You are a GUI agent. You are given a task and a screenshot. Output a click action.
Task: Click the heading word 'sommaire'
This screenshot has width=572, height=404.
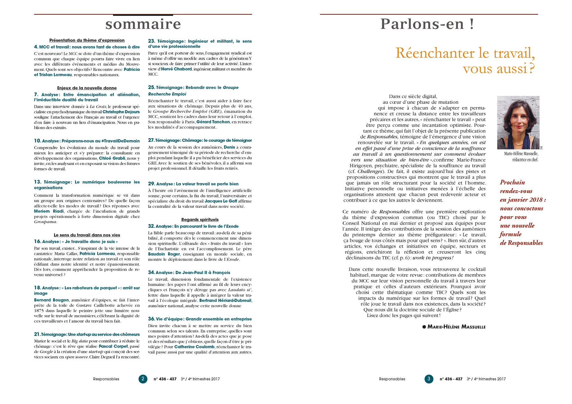coord(143,24)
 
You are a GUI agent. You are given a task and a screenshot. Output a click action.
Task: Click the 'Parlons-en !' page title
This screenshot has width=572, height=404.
coord(427,24)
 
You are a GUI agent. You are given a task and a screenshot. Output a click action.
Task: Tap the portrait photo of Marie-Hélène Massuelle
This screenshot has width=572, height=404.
coord(518,123)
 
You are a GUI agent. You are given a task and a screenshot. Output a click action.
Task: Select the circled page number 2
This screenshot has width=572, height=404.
coord(143,379)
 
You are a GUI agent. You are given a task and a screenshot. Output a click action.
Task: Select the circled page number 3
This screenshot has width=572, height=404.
coord(429,379)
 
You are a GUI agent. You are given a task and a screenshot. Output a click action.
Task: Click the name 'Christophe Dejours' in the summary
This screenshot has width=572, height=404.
coord(121,112)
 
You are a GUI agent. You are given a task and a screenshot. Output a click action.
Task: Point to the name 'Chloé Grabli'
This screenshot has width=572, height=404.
coord(112,158)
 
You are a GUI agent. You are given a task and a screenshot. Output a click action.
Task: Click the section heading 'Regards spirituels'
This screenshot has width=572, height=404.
coord(200,220)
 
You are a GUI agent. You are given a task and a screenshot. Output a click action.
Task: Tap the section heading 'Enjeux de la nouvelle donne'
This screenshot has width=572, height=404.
coord(87,88)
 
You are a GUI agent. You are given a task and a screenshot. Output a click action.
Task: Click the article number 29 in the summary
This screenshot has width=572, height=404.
coord(151,184)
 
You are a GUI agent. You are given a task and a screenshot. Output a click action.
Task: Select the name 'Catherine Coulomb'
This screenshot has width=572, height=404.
coord(194,347)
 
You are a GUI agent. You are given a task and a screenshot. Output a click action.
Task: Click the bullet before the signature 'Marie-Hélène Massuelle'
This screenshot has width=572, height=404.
coord(424,327)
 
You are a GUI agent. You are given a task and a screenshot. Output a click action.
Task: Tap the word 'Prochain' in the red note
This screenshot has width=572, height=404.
coord(512,182)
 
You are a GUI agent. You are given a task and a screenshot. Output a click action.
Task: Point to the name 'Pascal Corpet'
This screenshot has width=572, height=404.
coord(113,347)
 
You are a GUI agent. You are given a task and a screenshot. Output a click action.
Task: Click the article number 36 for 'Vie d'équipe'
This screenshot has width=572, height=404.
coord(151,319)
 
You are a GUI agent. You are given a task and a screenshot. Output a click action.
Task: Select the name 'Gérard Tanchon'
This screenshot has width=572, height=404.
coord(213,122)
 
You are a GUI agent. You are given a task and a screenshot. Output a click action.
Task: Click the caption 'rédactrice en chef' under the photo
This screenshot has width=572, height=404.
coord(525,160)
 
